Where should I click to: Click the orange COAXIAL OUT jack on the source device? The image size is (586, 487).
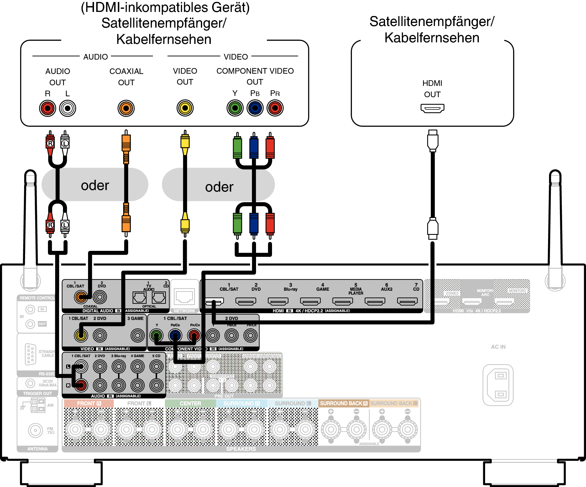[x=126, y=108]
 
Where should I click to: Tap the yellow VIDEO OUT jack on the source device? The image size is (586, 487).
[x=185, y=108]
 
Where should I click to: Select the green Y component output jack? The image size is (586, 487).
[x=235, y=108]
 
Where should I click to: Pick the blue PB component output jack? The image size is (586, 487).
[x=255, y=108]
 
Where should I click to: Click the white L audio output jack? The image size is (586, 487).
[x=68, y=109]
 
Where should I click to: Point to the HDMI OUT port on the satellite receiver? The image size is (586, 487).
[x=432, y=109]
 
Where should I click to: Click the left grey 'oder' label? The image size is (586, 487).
[x=95, y=185]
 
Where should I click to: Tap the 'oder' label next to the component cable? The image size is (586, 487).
[x=219, y=187]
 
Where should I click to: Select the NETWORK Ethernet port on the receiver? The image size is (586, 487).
[x=185, y=297]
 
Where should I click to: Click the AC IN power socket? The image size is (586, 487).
[x=498, y=385]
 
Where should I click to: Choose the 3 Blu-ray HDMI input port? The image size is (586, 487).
[x=278, y=301]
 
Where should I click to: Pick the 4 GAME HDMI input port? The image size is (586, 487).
[x=310, y=301]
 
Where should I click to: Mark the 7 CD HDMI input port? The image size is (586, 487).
[x=407, y=301]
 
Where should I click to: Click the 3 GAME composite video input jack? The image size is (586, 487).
[x=137, y=335]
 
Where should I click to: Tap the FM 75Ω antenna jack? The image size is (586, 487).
[x=35, y=430]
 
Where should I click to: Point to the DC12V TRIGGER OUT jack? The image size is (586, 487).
[x=30, y=383]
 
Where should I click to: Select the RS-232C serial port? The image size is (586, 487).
[x=30, y=354]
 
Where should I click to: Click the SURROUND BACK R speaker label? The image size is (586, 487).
[x=343, y=403]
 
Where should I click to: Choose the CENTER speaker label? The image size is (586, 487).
[x=190, y=403]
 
